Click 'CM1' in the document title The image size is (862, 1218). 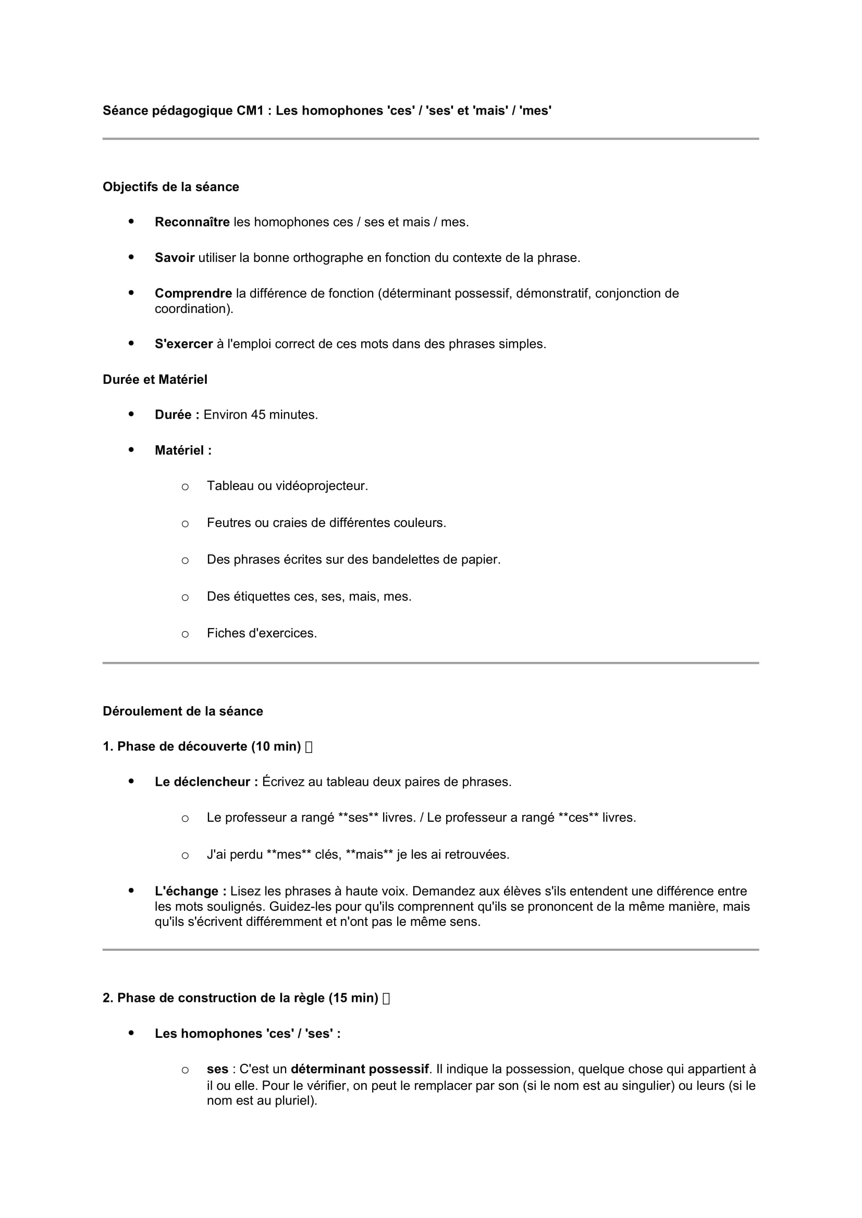[251, 110]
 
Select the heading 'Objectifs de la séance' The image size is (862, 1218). [171, 187]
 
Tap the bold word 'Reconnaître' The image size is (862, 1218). [192, 222]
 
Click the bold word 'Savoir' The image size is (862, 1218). [175, 258]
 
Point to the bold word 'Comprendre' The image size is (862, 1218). [193, 293]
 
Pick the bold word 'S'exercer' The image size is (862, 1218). [183, 344]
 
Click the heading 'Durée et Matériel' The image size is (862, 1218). [155, 379]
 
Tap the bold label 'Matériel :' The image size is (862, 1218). [183, 450]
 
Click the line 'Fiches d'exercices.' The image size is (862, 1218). [262, 633]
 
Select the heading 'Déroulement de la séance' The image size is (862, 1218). [182, 711]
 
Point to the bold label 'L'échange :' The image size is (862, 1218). [191, 891]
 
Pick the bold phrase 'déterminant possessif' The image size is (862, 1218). [360, 1069]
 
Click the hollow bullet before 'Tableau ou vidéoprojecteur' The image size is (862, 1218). [185, 486]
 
